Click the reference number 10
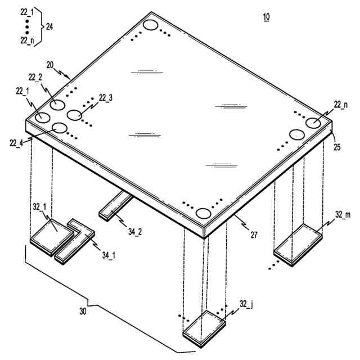pyautogui.click(x=265, y=17)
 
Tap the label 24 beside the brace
pyautogui.click(x=49, y=27)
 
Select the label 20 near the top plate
pyautogui.click(x=50, y=65)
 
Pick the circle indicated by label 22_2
pyautogui.click(x=57, y=105)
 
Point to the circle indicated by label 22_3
pyautogui.click(x=75, y=115)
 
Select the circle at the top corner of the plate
pyautogui.click(x=150, y=25)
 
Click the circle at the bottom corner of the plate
pyautogui.click(x=203, y=213)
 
